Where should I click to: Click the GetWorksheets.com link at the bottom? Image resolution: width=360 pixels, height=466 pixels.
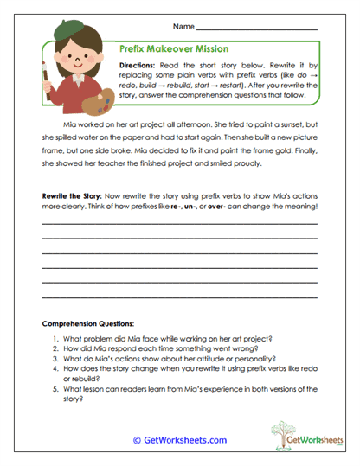[x=180, y=439]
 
